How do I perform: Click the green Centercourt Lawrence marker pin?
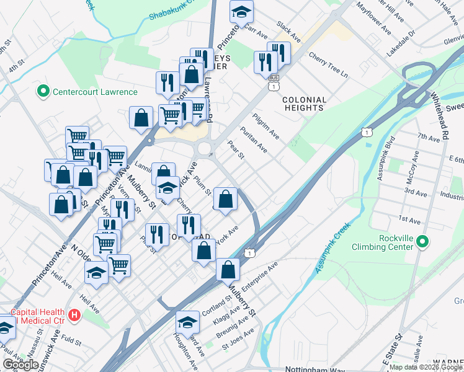pyautogui.click(x=43, y=92)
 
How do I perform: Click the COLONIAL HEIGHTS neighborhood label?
pyautogui.click(x=304, y=104)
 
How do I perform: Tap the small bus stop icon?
pyautogui.click(x=274, y=78)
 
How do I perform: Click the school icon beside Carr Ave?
pyautogui.click(x=241, y=11)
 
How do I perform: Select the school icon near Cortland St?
pyautogui.click(x=187, y=321)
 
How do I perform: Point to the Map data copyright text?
pyautogui.click(x=426, y=367)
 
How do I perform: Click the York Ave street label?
pyautogui.click(x=228, y=232)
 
